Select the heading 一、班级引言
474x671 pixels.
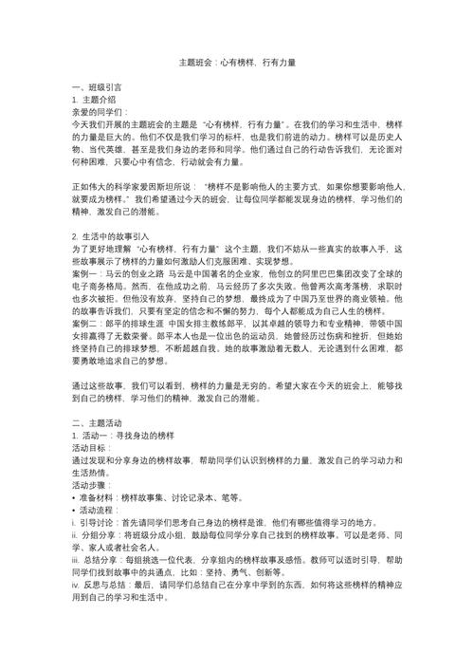click(98, 86)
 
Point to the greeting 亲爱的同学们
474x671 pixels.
click(101, 111)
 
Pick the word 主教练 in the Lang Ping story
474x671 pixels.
click(215, 323)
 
